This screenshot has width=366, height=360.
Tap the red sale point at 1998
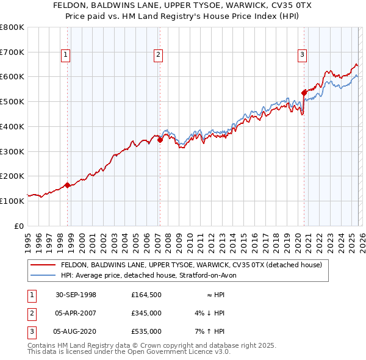[x=67, y=184]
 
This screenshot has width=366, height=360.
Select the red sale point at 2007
[x=159, y=140]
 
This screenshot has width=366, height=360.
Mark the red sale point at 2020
[x=303, y=93]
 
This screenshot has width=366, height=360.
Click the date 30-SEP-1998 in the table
[x=76, y=295]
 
